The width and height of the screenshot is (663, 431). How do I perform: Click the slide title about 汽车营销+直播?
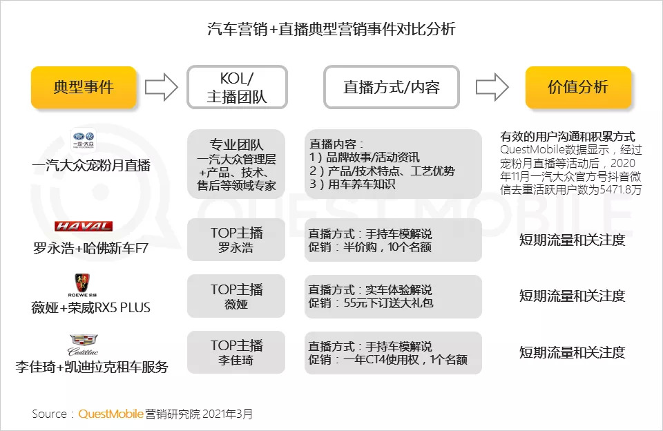331,29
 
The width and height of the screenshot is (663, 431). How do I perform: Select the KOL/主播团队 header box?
237,88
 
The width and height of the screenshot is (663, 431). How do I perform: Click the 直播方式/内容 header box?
392,88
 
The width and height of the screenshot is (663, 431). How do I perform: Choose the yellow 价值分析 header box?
578,88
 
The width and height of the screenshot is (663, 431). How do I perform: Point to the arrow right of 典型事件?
161,88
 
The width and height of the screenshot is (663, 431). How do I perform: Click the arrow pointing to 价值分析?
492,88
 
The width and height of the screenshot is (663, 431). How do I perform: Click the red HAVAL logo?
84,227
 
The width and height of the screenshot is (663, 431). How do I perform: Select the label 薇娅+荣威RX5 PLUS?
90,307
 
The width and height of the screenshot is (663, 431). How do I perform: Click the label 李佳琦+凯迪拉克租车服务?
91,366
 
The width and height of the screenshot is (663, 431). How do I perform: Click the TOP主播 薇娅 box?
237,296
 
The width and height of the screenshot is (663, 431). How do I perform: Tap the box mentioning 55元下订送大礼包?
393,296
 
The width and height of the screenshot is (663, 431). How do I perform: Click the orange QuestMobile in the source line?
110,414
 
